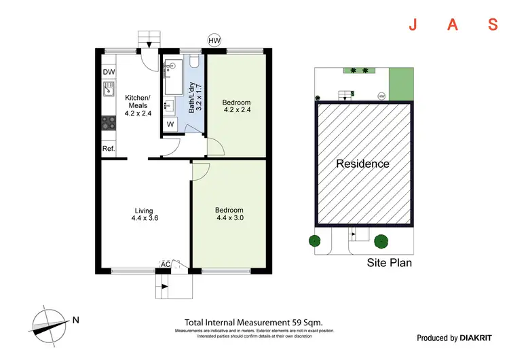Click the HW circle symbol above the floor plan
[214, 41]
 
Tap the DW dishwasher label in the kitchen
[108, 73]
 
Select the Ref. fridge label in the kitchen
[108, 149]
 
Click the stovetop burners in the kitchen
[108, 123]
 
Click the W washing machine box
[171, 124]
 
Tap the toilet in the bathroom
[194, 64]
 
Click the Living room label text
[143, 215]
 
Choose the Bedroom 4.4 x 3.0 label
[229, 215]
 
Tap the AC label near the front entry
[165, 264]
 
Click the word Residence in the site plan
[363, 164]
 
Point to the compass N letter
[77, 320]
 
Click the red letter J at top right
[412, 25]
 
